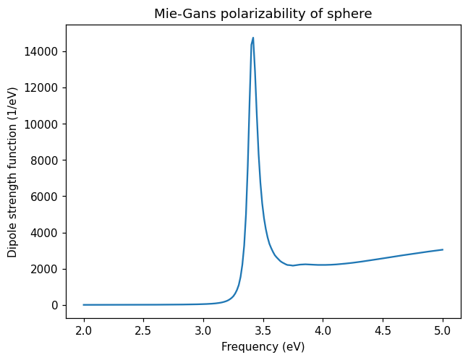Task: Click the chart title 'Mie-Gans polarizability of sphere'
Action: (x=263, y=14)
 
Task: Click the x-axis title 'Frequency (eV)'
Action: (x=263, y=347)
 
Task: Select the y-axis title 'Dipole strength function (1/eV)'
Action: (x=13, y=172)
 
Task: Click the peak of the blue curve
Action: (x=253, y=38)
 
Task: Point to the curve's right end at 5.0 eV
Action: (x=443, y=249)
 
